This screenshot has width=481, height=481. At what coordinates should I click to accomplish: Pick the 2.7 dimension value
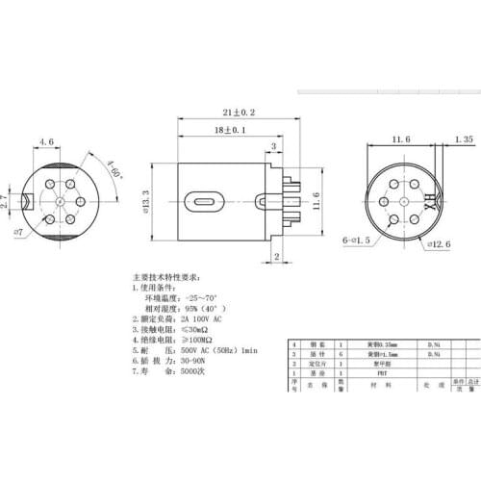coord(7,202)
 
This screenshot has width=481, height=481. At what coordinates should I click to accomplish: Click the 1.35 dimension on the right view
coord(463,140)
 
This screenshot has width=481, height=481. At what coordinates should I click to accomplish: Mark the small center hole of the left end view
coord(60,202)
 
